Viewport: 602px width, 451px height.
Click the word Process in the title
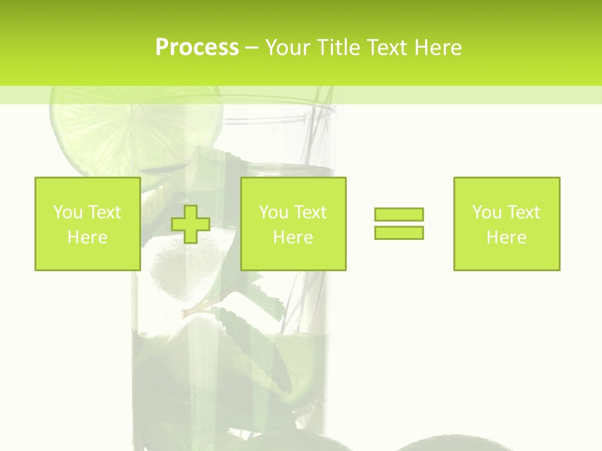(x=197, y=47)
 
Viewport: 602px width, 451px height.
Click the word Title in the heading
(x=335, y=47)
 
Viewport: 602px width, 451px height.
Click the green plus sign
(x=191, y=224)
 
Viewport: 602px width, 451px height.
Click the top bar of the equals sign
(x=399, y=214)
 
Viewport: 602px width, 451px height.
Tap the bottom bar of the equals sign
(x=399, y=232)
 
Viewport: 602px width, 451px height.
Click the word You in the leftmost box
(x=68, y=212)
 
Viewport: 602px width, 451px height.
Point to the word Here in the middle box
(x=293, y=237)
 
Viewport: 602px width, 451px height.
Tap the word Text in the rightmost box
(x=523, y=212)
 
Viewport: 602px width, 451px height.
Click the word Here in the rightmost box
(x=506, y=237)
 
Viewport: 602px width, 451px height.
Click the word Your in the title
(x=288, y=47)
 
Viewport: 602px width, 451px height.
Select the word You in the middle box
(x=273, y=212)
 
